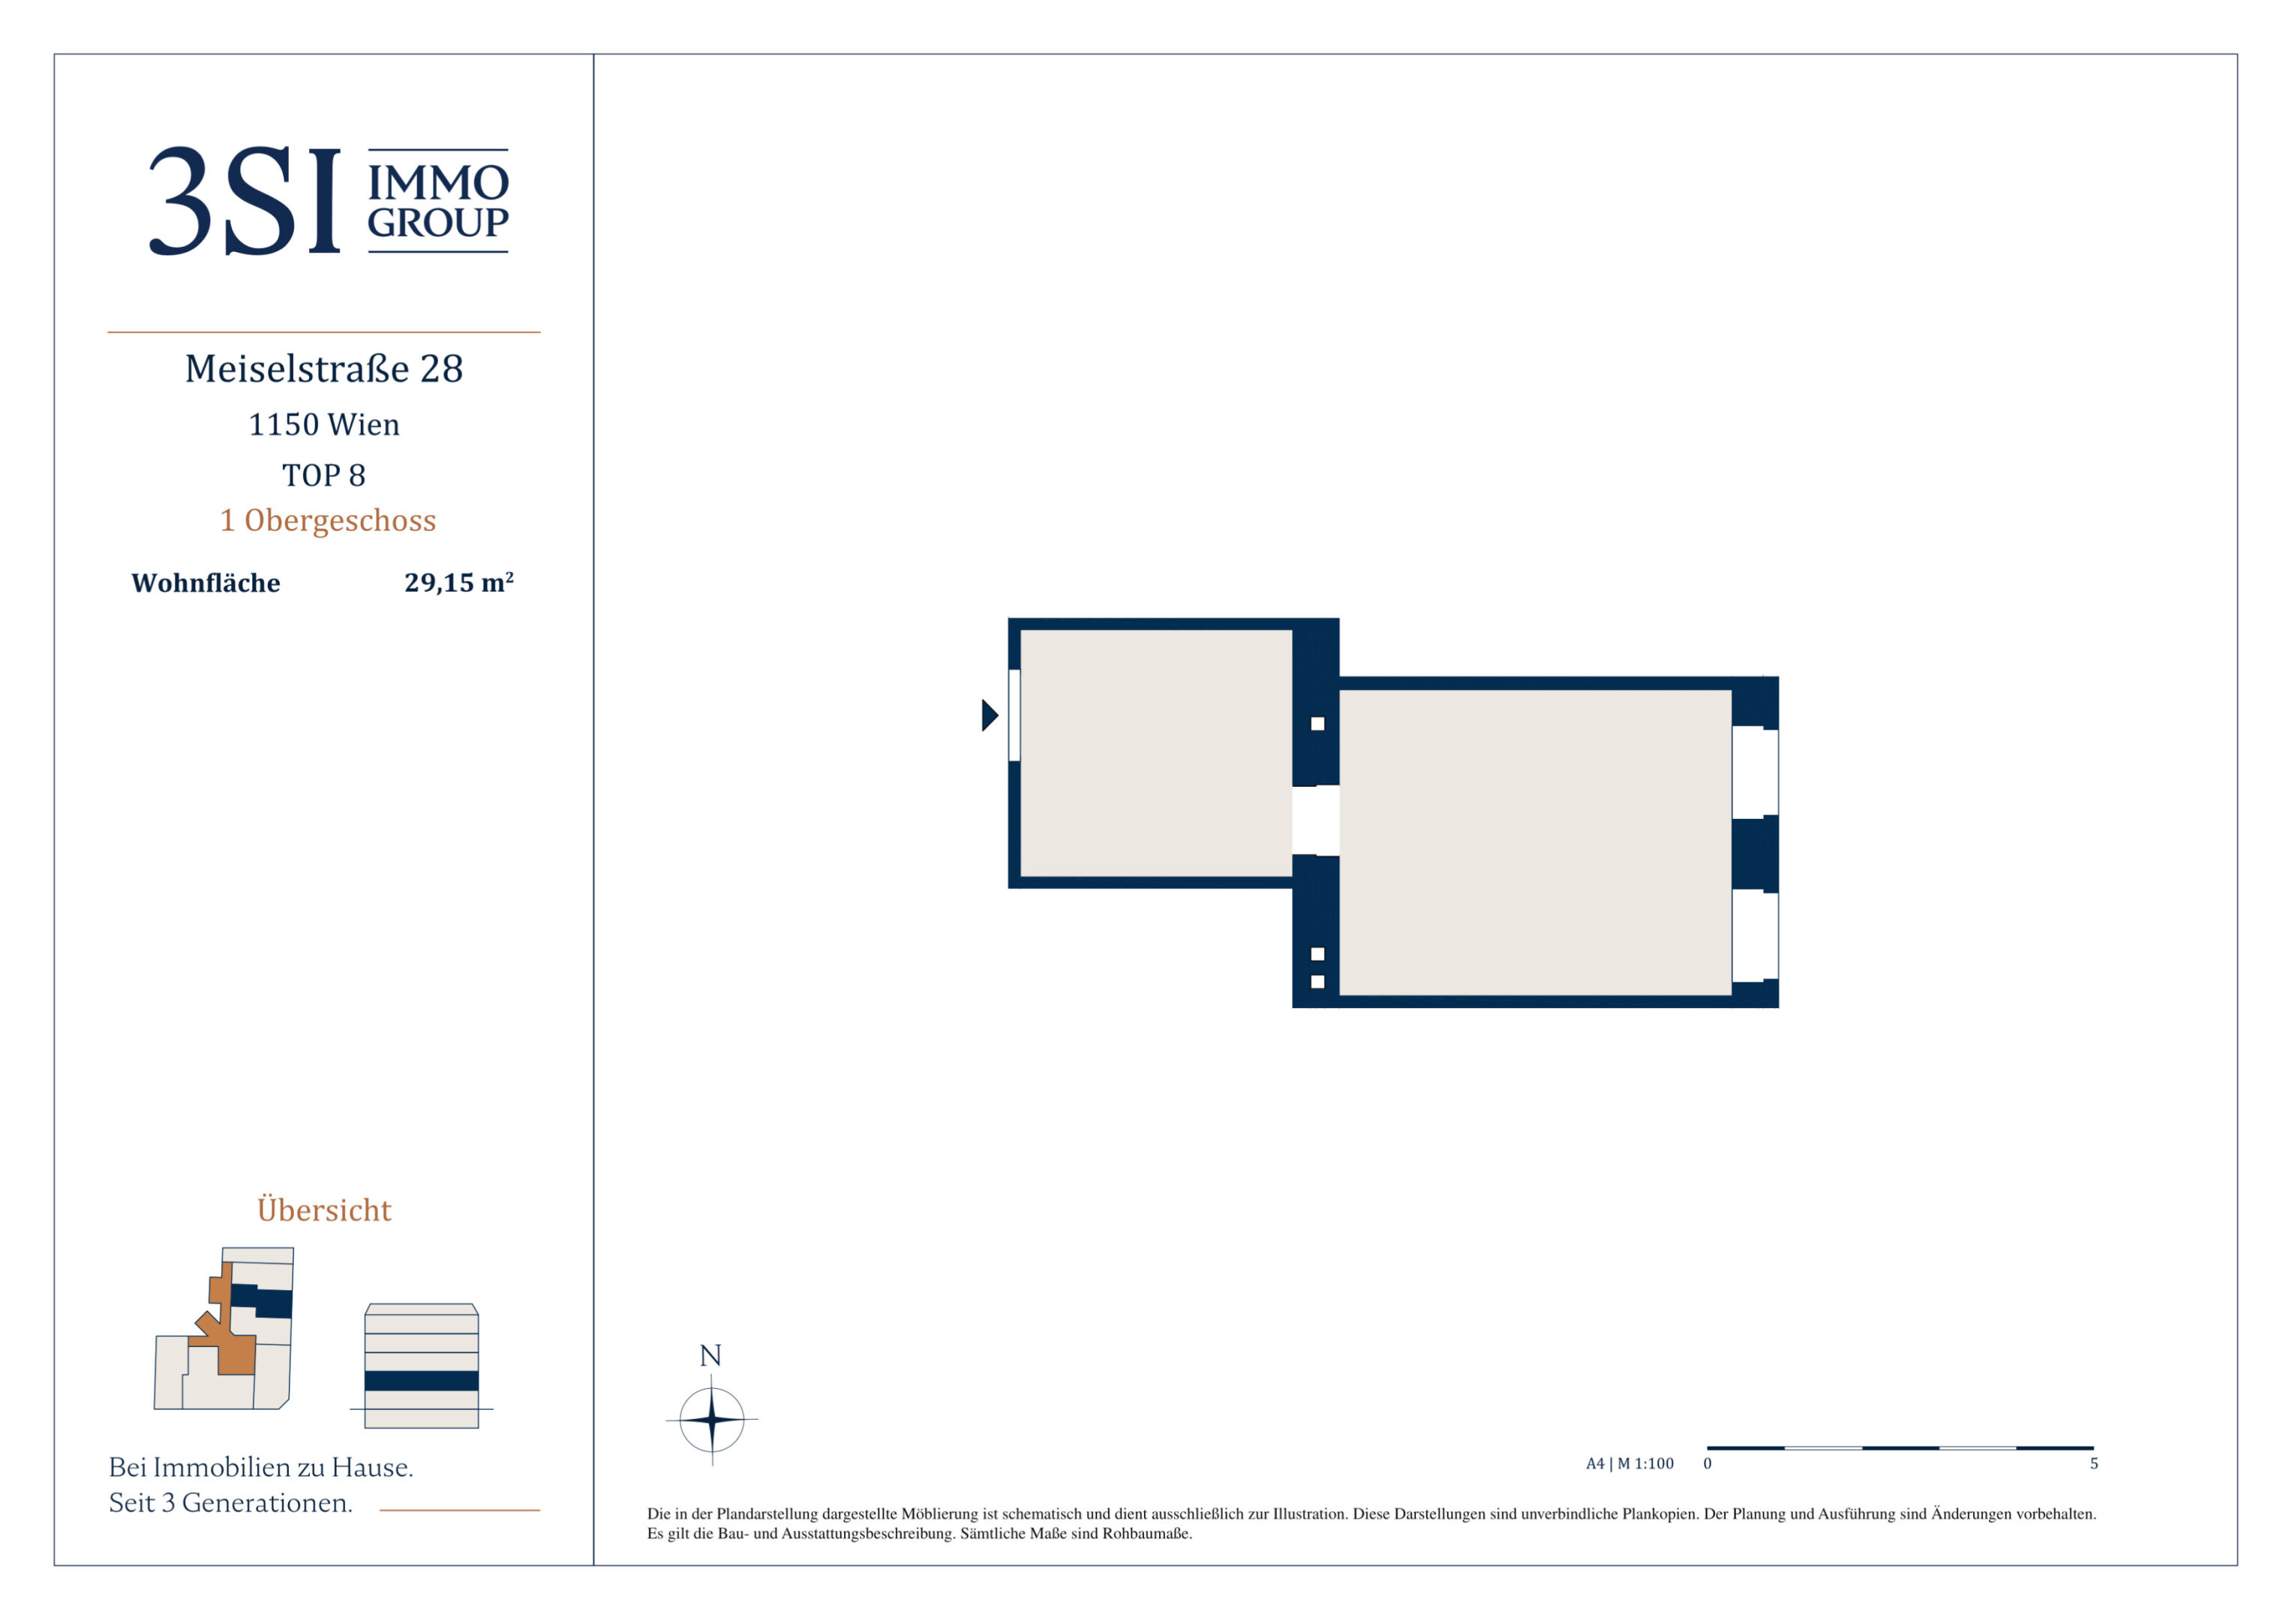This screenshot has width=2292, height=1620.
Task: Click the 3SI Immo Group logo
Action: pos(329,199)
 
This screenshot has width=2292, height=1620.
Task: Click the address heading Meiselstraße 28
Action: pos(323,368)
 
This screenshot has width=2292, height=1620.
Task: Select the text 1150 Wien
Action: pos(323,424)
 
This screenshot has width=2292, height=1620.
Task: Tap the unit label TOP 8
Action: pos(323,475)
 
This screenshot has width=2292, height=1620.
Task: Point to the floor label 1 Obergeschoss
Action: pos(327,520)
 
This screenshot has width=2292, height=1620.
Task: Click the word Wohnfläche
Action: pos(206,583)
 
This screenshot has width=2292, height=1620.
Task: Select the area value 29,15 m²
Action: pos(459,582)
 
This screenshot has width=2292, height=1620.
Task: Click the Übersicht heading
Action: pos(324,1210)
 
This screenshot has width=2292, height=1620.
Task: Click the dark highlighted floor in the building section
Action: pos(422,1381)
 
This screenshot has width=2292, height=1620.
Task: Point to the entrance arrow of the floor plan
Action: pos(990,715)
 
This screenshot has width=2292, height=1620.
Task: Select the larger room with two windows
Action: pos(1534,842)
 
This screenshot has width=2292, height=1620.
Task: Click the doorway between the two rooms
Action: pos(1316,820)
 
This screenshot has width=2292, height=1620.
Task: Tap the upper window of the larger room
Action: pos(1755,772)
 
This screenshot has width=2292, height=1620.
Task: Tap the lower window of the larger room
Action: pos(1755,936)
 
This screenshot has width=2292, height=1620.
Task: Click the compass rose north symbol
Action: pos(712,1418)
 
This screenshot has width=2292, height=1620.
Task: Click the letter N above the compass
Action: pos(710,1355)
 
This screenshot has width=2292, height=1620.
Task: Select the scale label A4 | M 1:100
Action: pos(1629,1463)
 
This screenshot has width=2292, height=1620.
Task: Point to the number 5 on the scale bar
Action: pos(2095,1463)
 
